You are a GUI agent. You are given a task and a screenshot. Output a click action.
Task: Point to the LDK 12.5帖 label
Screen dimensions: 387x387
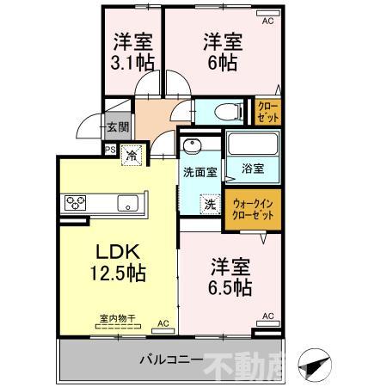(x=118, y=263)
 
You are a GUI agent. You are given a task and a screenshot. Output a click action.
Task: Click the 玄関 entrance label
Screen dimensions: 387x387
(x=117, y=127)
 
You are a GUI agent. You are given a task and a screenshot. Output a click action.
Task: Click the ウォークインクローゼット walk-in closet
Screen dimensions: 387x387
(x=253, y=209)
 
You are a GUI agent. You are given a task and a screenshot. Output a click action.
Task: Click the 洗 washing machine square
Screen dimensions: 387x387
(x=209, y=205)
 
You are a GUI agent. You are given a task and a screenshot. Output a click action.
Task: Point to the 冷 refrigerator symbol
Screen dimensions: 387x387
(x=131, y=157)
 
